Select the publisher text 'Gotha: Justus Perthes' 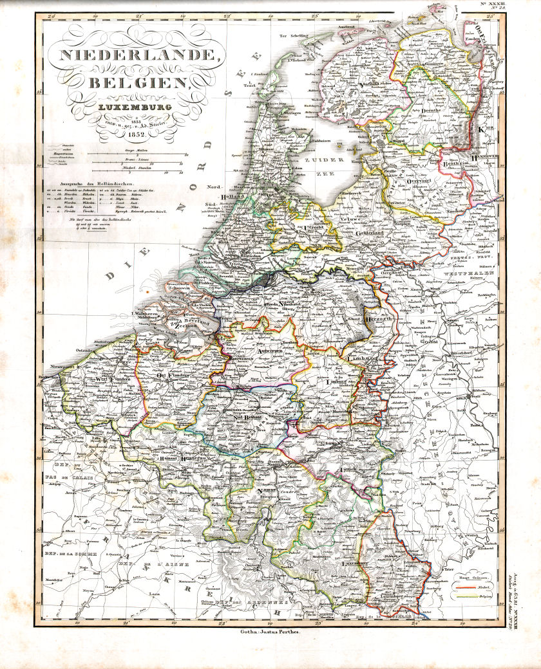pyautogui.click(x=270, y=632)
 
